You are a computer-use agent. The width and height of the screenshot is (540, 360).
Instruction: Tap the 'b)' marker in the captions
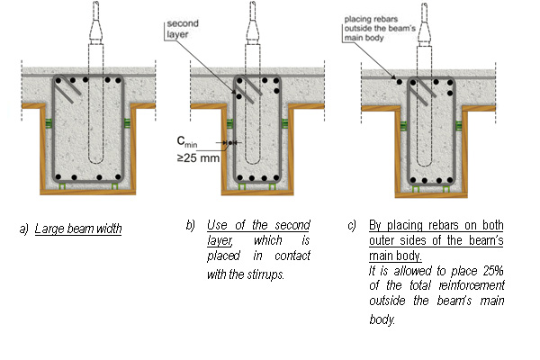click(x=191, y=224)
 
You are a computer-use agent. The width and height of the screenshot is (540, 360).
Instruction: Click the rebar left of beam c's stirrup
click(x=399, y=82)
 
